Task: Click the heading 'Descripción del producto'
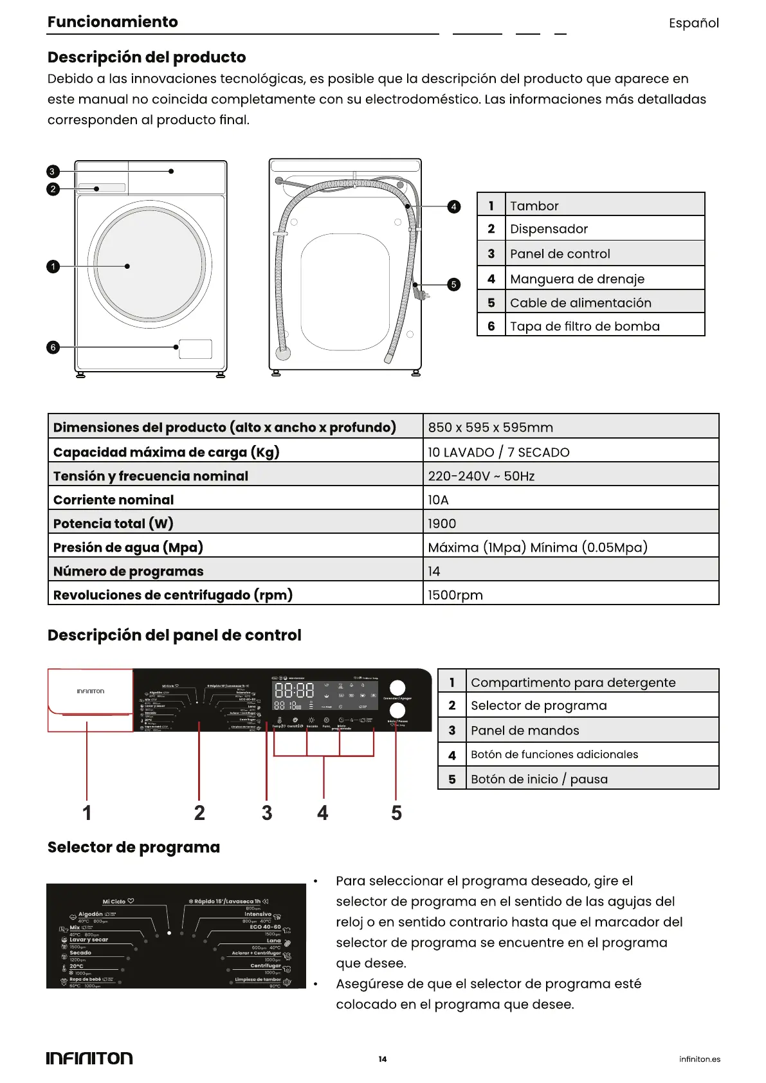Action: tap(147, 57)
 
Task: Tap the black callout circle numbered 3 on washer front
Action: tap(53, 172)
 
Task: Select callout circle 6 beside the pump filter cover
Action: tap(53, 347)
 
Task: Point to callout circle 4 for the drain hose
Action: tap(454, 206)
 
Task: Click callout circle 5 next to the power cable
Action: tap(454, 284)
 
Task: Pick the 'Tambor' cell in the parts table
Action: tap(534, 206)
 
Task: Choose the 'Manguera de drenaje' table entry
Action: tap(577, 278)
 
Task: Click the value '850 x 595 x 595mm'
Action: tap(490, 427)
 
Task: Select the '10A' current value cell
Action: tap(439, 500)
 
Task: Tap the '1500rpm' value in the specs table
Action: tap(455, 595)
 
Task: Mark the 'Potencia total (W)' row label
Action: tap(113, 523)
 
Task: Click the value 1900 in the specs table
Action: tap(442, 523)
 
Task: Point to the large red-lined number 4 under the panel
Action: tap(323, 813)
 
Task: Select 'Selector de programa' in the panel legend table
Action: tap(538, 705)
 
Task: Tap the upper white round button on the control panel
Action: tap(397, 687)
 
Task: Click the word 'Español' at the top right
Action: tap(693, 23)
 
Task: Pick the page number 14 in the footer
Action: tap(383, 1059)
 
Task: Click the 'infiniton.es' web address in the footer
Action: tap(700, 1059)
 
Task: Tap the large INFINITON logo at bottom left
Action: tap(89, 1059)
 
